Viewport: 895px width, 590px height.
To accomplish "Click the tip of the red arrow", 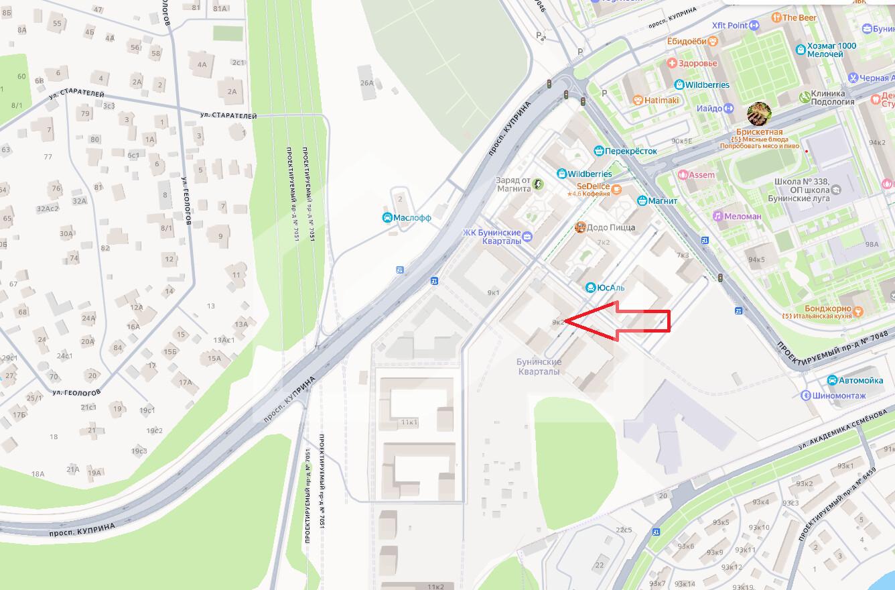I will (x=565, y=321).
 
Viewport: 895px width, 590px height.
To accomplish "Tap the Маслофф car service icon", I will (x=387, y=218).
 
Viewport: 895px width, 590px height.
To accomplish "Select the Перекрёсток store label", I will (x=630, y=151).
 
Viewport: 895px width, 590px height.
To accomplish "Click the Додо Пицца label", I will (x=610, y=228).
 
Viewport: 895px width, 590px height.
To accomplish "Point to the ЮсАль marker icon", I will (x=591, y=288).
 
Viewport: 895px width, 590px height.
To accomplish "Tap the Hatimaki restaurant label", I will (x=661, y=101).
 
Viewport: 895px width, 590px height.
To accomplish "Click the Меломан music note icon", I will (x=717, y=216).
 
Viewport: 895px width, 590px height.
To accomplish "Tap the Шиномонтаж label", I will (x=840, y=396).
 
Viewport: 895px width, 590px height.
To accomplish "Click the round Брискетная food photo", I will (x=759, y=115).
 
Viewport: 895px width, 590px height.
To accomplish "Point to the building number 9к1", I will (x=494, y=292).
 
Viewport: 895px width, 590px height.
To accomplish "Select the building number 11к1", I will (x=409, y=422).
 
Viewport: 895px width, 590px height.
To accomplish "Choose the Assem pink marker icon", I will (x=683, y=175).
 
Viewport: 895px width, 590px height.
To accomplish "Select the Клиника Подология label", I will (x=832, y=98).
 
